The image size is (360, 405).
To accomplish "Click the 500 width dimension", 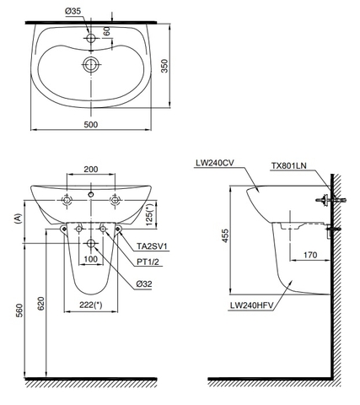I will (91, 124).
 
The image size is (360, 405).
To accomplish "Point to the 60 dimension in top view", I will (107, 31).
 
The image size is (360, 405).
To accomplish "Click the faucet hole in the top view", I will (91, 38).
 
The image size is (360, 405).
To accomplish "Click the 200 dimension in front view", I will (90, 169).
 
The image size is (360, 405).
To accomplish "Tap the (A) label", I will (17, 218).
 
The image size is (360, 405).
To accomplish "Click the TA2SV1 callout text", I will (154, 246).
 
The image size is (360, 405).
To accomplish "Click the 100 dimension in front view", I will (91, 259).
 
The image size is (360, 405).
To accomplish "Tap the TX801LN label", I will (289, 166).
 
